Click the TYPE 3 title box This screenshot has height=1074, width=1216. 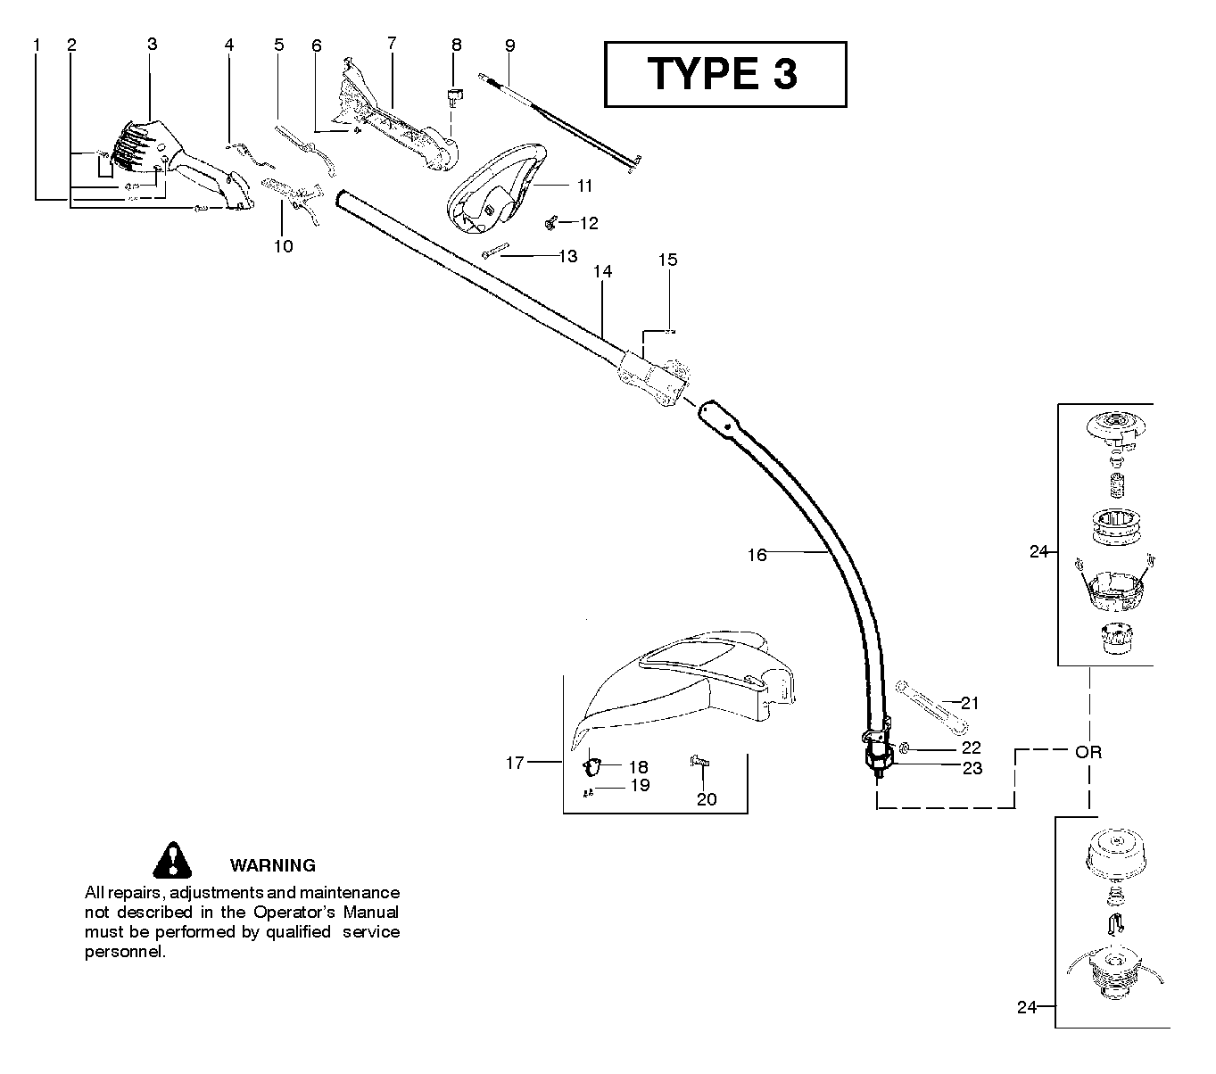click(x=725, y=74)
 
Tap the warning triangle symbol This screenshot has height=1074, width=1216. click(x=172, y=860)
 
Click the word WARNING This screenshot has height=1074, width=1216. click(x=272, y=865)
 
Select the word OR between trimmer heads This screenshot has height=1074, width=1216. click(x=1088, y=752)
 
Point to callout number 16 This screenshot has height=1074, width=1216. click(x=757, y=555)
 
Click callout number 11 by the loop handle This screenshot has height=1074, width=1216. click(x=584, y=186)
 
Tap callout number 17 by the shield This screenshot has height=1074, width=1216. click(x=515, y=763)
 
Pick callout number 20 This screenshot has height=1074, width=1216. click(x=707, y=799)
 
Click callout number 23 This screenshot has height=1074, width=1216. click(x=972, y=768)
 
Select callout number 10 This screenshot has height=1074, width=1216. click(x=284, y=246)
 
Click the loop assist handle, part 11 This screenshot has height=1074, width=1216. click(x=497, y=189)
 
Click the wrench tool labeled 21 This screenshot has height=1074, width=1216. click(x=931, y=707)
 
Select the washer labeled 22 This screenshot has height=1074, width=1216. click(x=904, y=748)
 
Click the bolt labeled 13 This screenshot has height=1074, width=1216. click(x=496, y=251)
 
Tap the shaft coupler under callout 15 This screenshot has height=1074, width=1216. click(x=652, y=379)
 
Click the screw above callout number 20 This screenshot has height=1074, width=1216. click(x=699, y=762)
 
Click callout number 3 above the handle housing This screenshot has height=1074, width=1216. click(x=152, y=44)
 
